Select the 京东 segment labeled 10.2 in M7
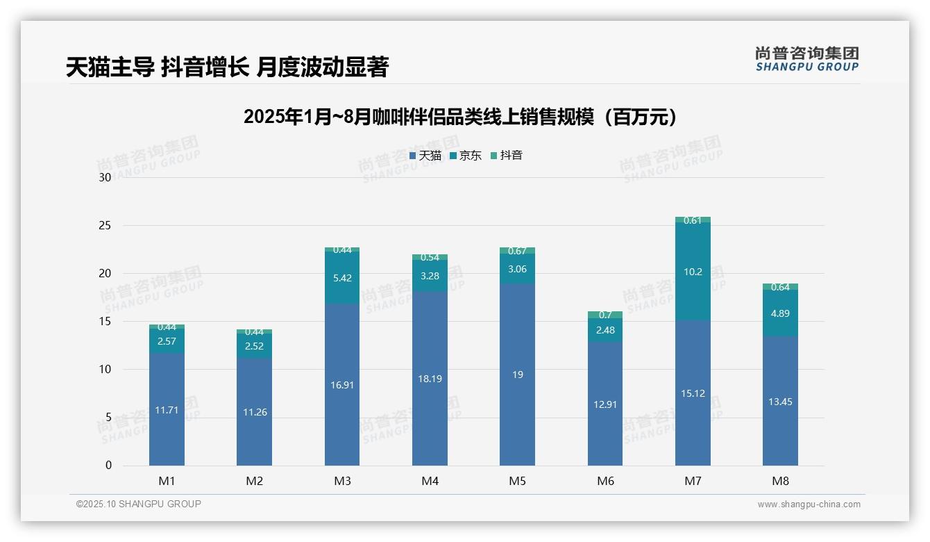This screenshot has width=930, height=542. pos(693,272)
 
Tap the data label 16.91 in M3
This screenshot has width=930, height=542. pos(342,384)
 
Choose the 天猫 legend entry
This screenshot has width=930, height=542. pos(425,156)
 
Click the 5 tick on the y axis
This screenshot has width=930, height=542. pos(108,418)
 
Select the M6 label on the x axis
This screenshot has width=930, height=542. pos(605,481)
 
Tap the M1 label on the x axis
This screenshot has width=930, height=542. pos(167,481)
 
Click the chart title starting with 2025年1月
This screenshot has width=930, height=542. pos(459,117)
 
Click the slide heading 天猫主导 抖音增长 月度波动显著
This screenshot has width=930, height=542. pos(227,67)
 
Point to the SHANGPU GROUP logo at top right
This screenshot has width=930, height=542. pos(806,59)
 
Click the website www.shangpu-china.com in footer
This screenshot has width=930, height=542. pos(809,504)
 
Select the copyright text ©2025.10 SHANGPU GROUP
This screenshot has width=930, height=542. pos(139,504)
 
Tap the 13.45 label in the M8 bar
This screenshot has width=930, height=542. pos(780,402)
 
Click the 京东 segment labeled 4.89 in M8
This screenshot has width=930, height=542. pos(780,313)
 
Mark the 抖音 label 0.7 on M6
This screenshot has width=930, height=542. pos(604,315)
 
